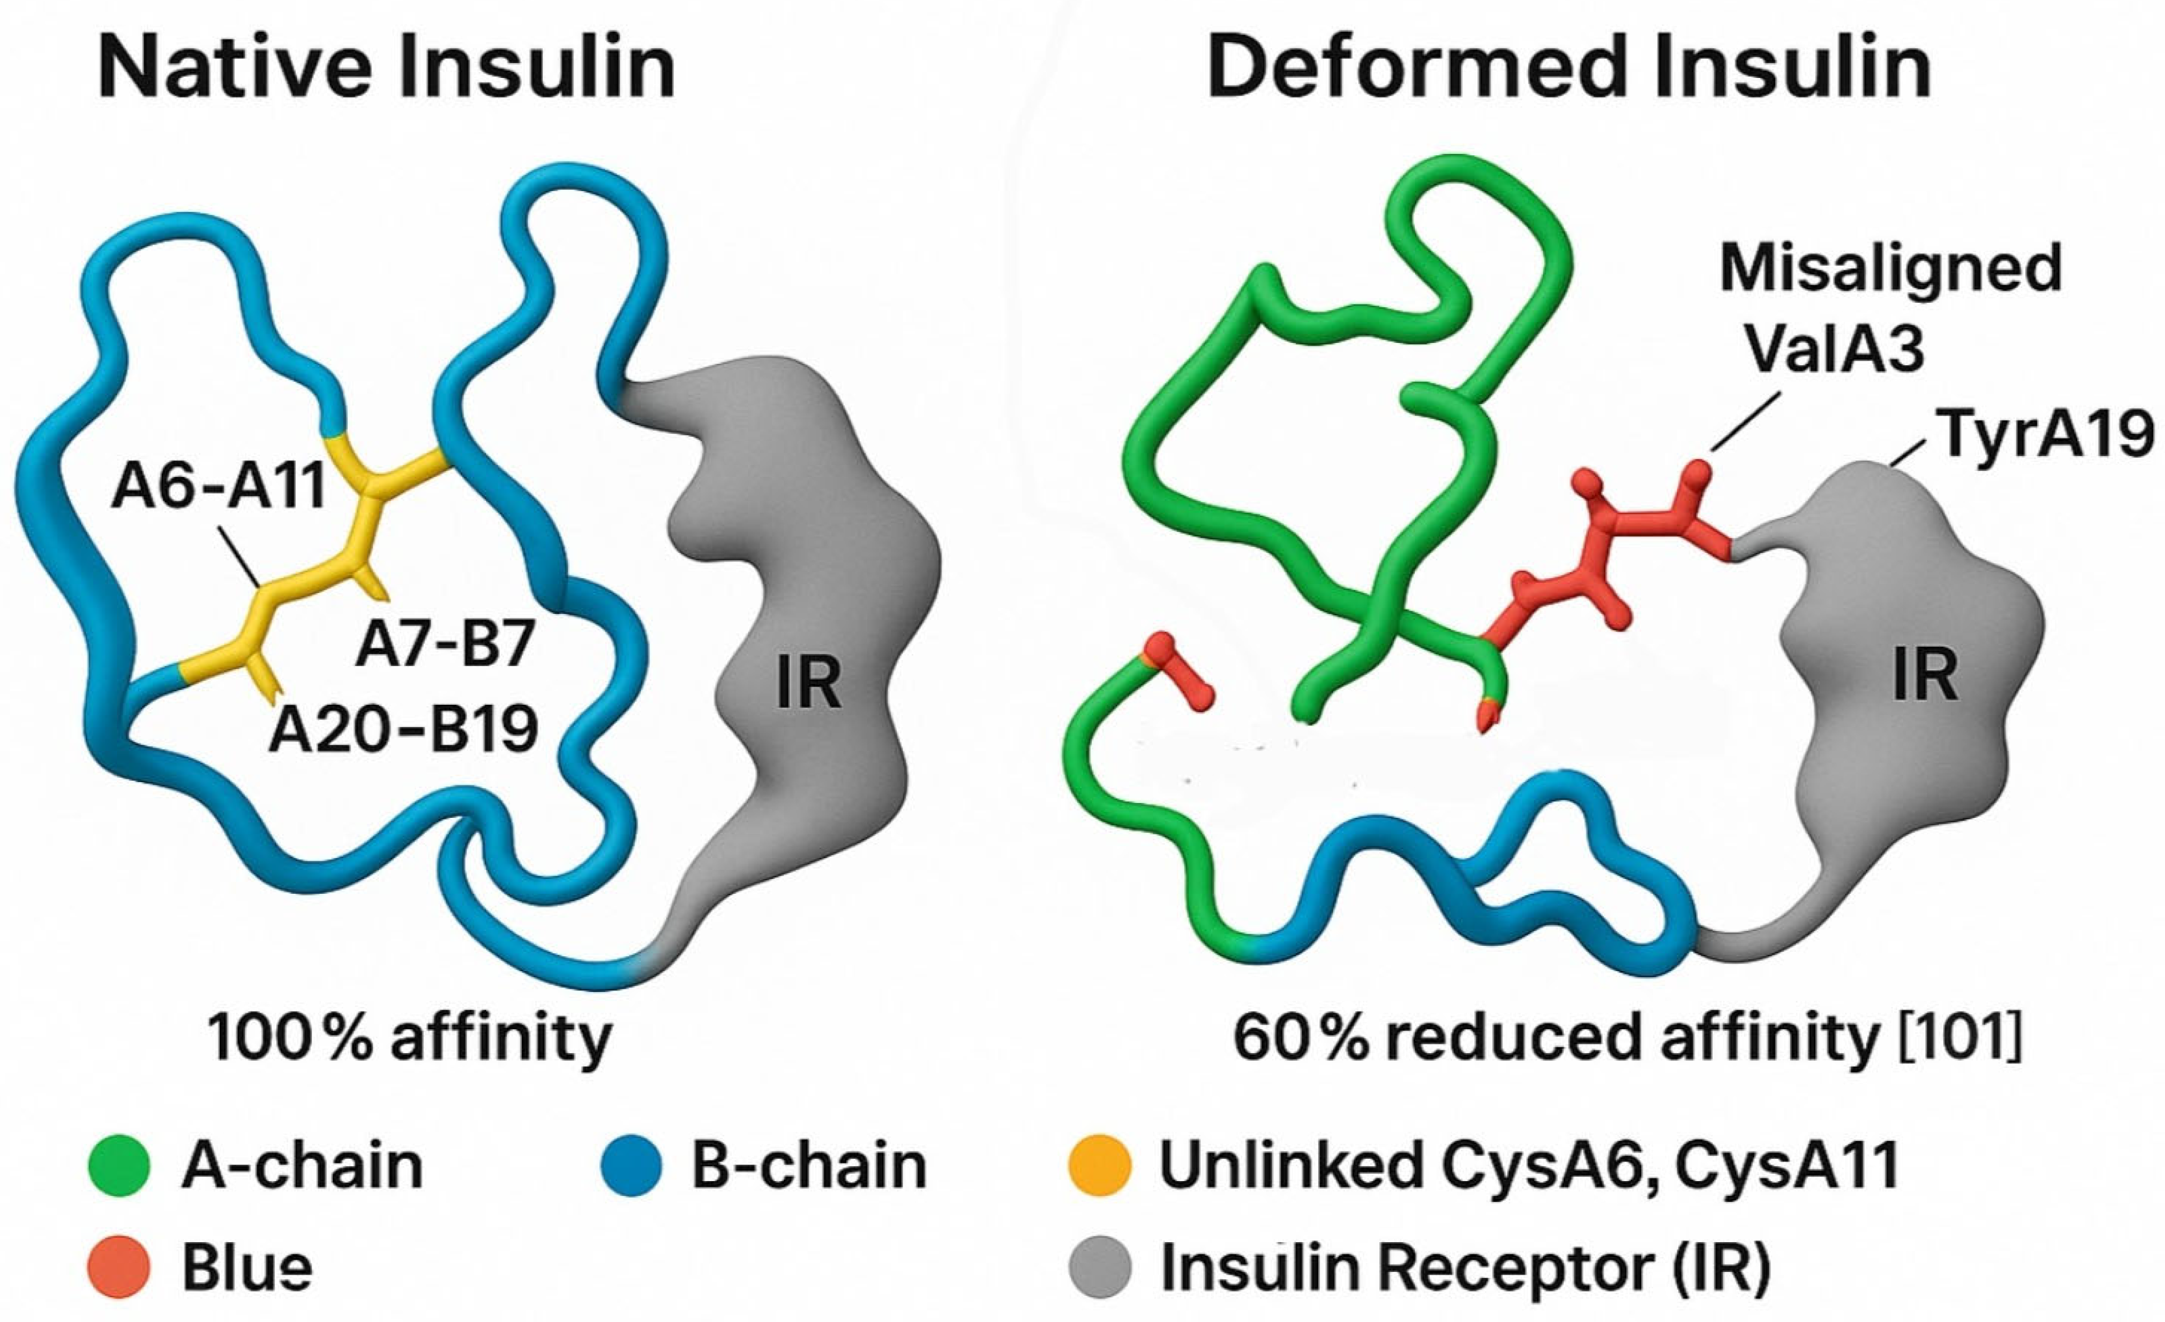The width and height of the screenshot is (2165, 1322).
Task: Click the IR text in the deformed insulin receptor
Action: [1925, 674]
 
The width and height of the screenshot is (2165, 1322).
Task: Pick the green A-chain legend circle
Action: [120, 1165]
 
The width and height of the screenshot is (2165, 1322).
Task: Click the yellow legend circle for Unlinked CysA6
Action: [1098, 1165]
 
